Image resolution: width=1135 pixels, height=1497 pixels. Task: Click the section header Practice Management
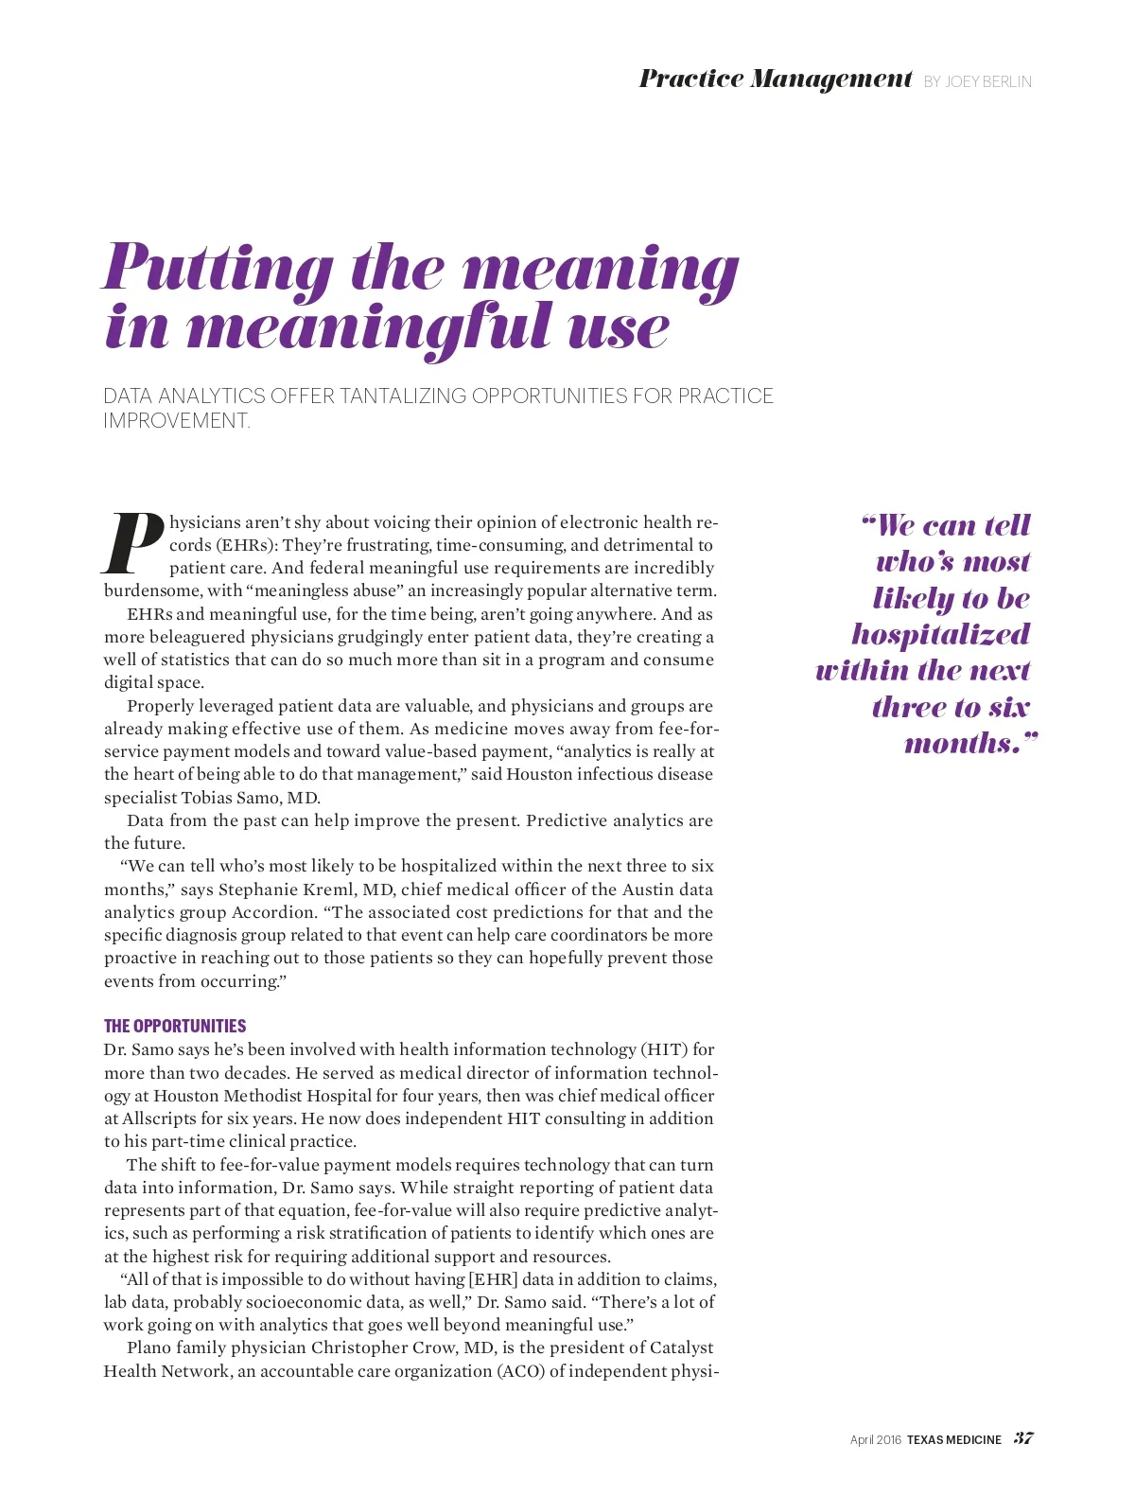[775, 79]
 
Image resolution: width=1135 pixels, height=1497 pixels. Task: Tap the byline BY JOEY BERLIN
[977, 82]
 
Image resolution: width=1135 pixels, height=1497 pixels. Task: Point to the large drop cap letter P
[132, 545]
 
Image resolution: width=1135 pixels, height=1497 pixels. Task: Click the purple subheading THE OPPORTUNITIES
[175, 1026]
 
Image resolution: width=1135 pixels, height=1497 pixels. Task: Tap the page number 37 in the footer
[1023, 1438]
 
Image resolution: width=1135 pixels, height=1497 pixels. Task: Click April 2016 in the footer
[875, 1440]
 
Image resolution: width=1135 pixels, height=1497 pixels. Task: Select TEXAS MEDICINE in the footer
[953, 1440]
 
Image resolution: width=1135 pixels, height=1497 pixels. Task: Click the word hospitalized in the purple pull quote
[940, 634]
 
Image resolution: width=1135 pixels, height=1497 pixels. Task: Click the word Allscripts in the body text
[161, 1118]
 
